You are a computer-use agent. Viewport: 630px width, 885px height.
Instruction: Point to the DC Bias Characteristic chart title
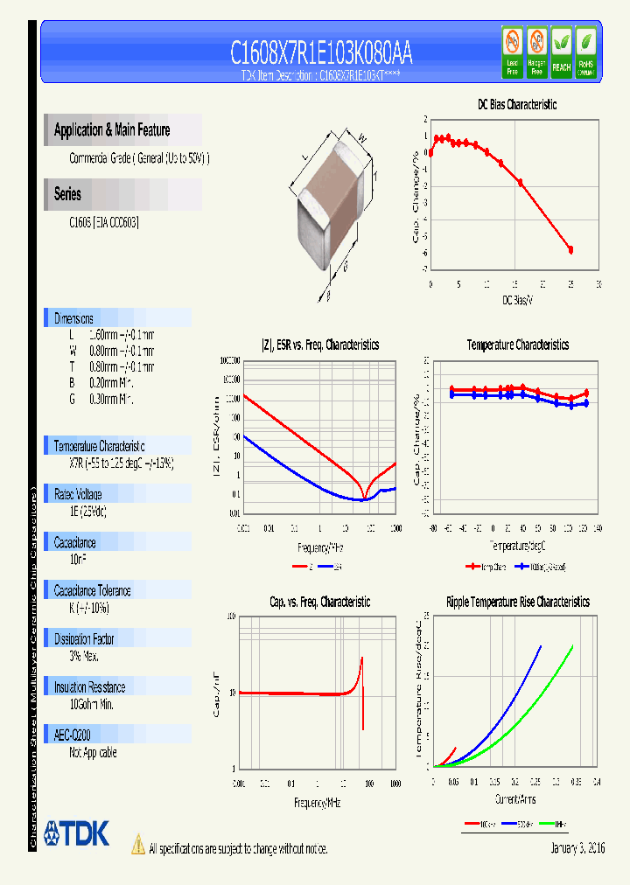tap(517, 104)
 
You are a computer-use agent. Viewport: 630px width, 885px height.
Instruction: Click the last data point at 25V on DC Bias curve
tap(570, 250)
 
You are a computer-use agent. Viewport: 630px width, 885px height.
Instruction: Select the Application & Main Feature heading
tap(112, 130)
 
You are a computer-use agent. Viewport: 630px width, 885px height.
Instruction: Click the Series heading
tap(67, 194)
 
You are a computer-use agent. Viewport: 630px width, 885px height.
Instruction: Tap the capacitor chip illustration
tap(332, 201)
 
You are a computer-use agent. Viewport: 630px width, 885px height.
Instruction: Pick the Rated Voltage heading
tap(78, 494)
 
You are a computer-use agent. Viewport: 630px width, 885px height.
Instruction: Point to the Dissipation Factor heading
tap(84, 639)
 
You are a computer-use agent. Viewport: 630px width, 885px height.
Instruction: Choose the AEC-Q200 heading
tap(73, 735)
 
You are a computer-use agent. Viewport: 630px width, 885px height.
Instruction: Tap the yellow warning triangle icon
tap(137, 844)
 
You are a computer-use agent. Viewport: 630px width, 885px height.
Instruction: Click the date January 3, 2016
tap(577, 848)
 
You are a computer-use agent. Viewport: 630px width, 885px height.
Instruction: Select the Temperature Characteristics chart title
tap(517, 345)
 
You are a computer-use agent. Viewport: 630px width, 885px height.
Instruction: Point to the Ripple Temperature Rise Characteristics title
tap(517, 602)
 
